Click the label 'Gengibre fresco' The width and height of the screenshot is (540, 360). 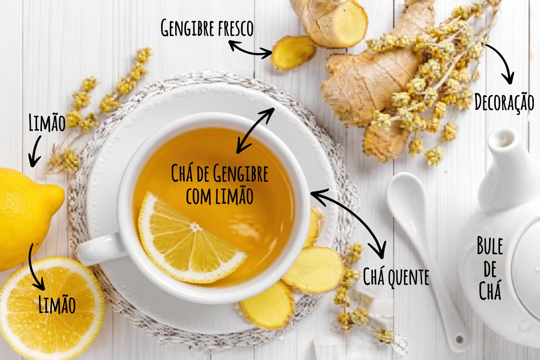(x=207, y=28)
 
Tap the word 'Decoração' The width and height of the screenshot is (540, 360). (x=504, y=103)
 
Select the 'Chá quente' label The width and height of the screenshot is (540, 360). (x=396, y=277)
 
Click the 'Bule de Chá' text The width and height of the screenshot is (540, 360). (x=490, y=268)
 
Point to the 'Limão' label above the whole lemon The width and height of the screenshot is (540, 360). (x=47, y=122)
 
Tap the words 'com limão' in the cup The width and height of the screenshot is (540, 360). (x=220, y=196)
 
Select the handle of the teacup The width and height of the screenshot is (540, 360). (x=101, y=248)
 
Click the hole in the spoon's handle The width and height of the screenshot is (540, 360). (x=459, y=339)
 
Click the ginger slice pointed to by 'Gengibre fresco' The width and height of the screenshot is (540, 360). (x=293, y=52)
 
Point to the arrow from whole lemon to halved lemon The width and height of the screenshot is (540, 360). (x=34, y=268)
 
